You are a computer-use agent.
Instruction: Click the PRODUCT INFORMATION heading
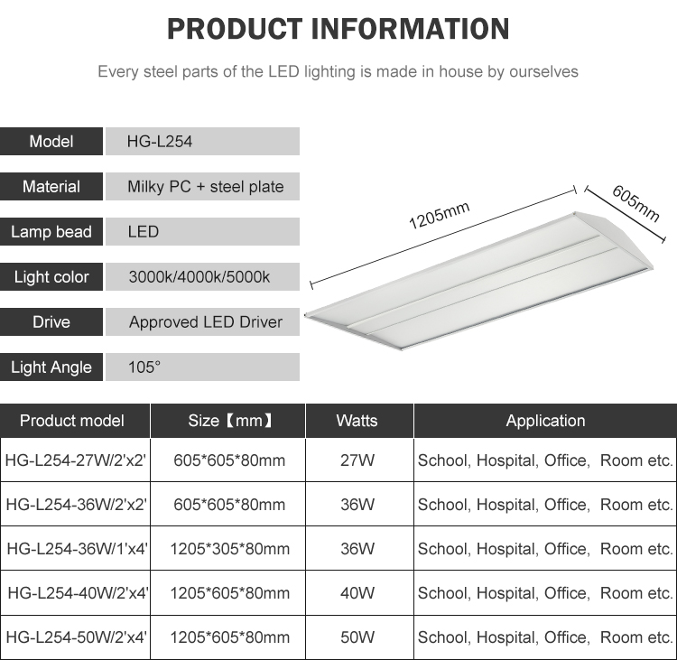[338, 29]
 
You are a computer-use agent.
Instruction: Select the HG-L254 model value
[159, 142]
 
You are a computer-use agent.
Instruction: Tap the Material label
[51, 187]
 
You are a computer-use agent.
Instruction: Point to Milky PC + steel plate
[206, 187]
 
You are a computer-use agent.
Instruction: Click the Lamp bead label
[51, 232]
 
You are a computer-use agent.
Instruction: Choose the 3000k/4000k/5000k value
[199, 277]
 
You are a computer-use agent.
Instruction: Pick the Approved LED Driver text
[206, 322]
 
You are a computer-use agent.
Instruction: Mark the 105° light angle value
[144, 367]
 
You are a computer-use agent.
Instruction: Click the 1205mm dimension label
[439, 215]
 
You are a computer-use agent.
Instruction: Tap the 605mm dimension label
[636, 203]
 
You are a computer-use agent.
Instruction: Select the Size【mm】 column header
[230, 421]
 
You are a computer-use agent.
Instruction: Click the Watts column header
[357, 421]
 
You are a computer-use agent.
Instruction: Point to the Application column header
[546, 421]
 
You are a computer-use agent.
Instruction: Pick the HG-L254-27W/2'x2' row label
[76, 460]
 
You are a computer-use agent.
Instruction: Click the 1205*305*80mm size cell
[229, 549]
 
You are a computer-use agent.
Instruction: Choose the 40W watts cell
[357, 593]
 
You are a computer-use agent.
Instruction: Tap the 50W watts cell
[357, 637]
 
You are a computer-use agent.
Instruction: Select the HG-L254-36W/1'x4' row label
[77, 549]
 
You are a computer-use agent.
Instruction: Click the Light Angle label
[51, 367]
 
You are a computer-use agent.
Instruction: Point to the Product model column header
[72, 421]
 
